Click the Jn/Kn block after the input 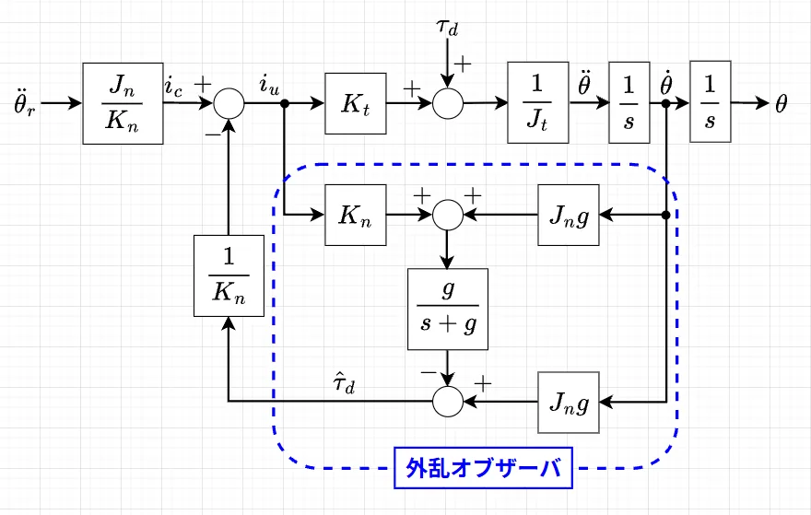point(123,103)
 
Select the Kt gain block point(355,103)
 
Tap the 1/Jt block point(538,103)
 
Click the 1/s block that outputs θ point(710,103)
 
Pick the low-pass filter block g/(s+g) point(447,308)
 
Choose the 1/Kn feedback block point(229,275)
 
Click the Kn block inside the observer point(355,216)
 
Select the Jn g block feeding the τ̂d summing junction point(570,402)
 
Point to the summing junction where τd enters point(447,103)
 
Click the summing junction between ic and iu point(229,103)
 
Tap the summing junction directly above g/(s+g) point(447,216)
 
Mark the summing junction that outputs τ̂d point(447,402)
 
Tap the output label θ point(781,103)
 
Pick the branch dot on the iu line point(285,103)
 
